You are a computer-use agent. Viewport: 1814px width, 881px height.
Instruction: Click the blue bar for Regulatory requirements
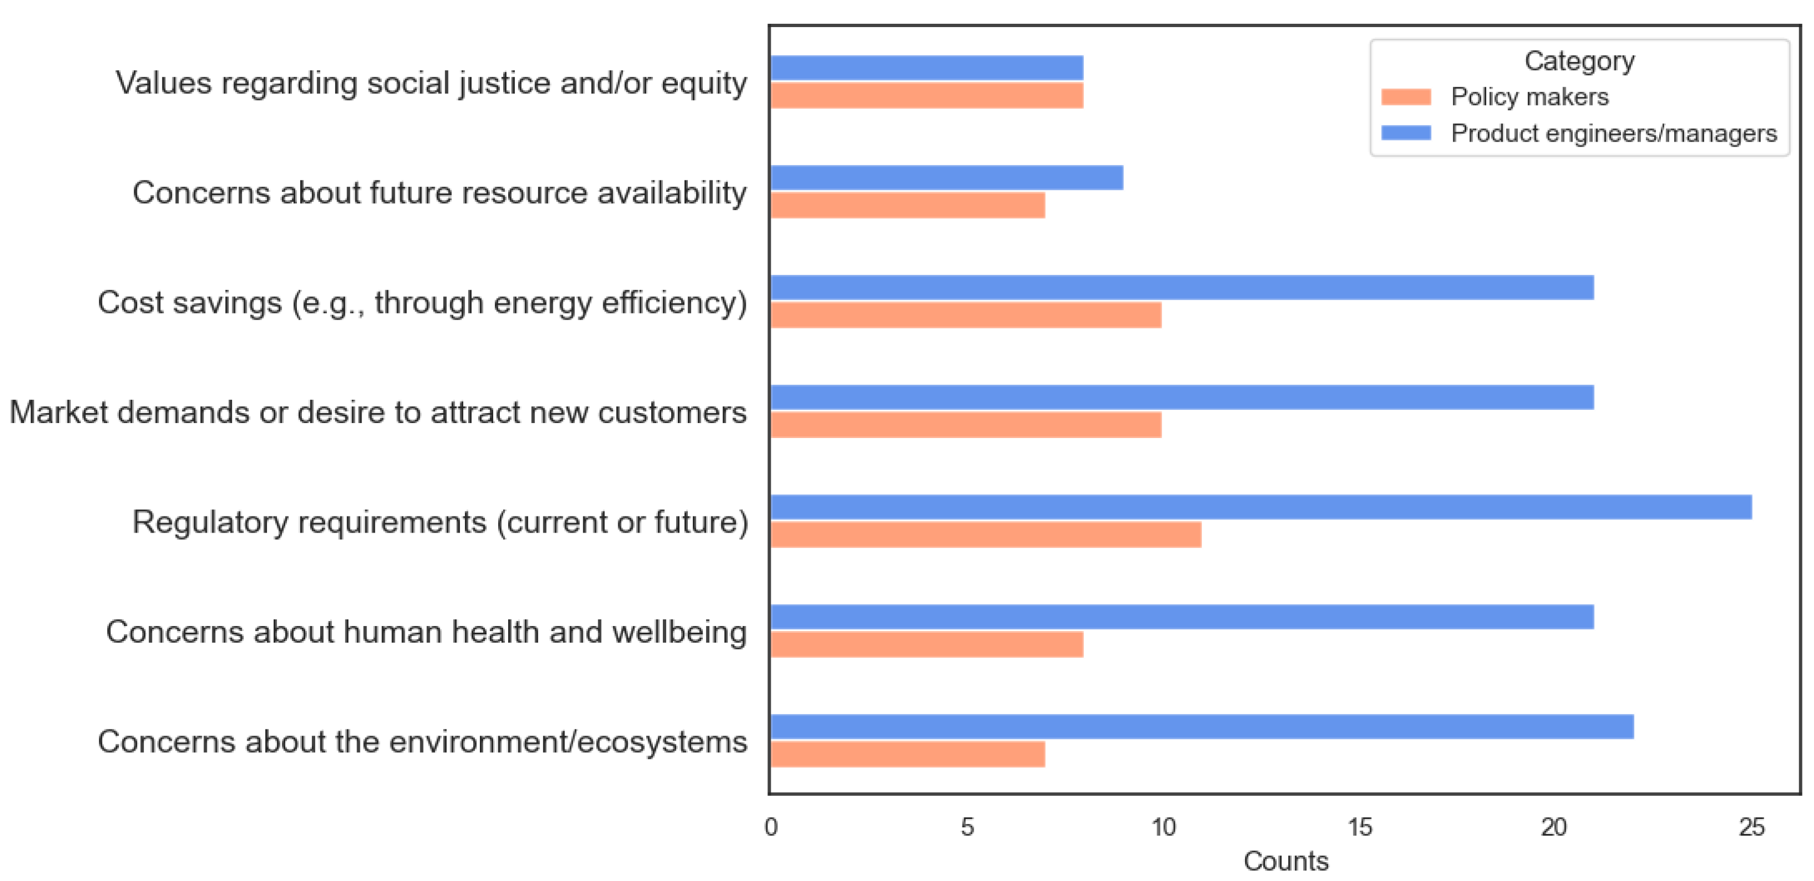1261,507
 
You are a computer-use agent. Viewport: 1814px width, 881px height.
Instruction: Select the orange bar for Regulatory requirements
986,534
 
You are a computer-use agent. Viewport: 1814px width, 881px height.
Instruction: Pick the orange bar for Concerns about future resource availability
908,206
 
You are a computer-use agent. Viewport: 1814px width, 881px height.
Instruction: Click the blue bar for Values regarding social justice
927,67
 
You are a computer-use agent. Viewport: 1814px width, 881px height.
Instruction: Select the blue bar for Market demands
1183,397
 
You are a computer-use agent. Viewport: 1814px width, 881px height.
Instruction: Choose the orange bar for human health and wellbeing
927,644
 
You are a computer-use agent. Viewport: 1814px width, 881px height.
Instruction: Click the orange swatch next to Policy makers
1405,96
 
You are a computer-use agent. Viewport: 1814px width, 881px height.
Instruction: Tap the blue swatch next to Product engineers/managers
1405,133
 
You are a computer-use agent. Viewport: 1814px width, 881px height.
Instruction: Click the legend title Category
1579,61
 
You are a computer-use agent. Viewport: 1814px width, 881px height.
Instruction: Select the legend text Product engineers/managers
1613,133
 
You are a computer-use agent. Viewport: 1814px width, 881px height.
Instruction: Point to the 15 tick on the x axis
1360,827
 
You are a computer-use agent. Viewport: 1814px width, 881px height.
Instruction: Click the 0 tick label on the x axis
771,827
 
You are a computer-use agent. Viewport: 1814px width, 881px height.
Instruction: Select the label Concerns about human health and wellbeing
426,632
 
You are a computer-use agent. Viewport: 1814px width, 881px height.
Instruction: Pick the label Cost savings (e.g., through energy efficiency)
422,303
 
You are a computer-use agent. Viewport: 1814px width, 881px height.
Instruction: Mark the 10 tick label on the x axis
1163,827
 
